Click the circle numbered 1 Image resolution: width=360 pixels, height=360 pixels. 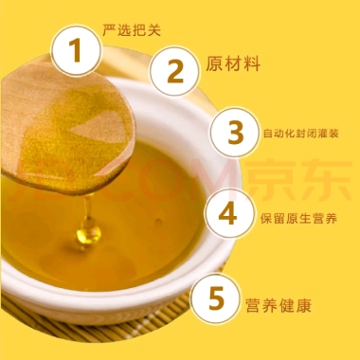(77, 51)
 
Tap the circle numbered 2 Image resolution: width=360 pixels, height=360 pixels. (175, 71)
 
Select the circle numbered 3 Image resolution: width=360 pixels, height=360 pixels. (236, 133)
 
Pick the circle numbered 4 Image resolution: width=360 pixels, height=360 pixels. (230, 213)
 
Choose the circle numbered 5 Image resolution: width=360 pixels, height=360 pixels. (216, 298)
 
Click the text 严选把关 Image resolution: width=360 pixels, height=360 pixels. (132, 29)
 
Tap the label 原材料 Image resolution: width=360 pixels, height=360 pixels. (233, 63)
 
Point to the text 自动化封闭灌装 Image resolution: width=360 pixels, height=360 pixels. (301, 134)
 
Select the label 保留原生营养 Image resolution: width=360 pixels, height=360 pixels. (298, 219)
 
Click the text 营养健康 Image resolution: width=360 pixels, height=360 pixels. (279, 305)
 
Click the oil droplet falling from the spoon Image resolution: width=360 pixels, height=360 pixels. (89, 233)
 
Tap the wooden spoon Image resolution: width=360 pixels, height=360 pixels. (68, 129)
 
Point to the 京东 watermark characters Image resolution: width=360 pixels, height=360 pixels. (298, 180)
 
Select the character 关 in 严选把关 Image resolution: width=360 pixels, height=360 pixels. (154, 29)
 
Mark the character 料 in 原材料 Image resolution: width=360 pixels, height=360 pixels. (252, 63)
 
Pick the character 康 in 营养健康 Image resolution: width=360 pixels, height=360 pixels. (304, 305)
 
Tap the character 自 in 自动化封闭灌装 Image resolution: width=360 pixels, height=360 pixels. (268, 134)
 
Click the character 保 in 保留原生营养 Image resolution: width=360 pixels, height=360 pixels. (266, 219)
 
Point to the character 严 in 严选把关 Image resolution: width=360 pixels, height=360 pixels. (109, 29)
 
